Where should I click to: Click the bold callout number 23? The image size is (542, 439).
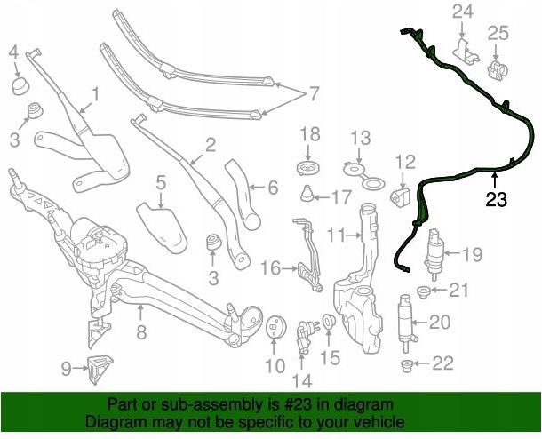pos(497,199)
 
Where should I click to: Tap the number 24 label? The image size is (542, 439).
pos(463,12)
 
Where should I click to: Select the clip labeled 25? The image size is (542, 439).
pos(497,68)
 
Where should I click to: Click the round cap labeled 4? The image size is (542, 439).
pos(20,86)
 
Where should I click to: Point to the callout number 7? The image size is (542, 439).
pos(313,93)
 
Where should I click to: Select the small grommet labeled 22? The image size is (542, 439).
pos(408,366)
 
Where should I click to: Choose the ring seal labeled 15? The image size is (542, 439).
pos(328,322)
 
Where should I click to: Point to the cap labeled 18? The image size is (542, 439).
pos(308,168)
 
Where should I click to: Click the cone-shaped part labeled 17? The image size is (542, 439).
pos(307,194)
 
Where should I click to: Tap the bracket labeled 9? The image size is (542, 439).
pos(99,369)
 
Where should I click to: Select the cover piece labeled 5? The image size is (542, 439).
pos(162,228)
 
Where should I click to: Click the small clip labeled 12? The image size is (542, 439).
pos(400,197)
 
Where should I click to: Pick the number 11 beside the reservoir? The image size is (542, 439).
pos(337,235)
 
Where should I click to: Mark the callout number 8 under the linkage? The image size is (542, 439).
pos(141,332)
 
